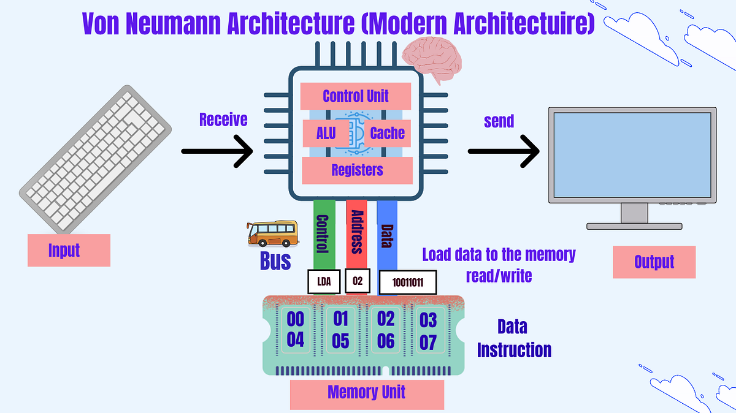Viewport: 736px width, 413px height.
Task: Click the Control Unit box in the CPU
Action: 356,96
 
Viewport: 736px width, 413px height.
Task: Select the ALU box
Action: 326,132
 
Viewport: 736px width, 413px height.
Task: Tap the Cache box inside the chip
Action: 388,132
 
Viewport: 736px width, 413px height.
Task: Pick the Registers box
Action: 357,169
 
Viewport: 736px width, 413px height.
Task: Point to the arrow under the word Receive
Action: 217,150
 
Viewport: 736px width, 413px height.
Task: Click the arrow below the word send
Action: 504,150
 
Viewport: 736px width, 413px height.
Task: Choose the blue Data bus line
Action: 387,236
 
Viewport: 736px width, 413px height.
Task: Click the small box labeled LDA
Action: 323,282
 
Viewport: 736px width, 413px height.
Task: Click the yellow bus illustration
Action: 272,233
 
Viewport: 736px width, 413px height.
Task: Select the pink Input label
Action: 69,250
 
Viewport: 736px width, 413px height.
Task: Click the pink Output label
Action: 654,262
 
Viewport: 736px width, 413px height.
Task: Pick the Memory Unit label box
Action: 367,392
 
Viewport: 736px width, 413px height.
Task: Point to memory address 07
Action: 428,342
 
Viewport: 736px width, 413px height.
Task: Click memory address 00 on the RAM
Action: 296,319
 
